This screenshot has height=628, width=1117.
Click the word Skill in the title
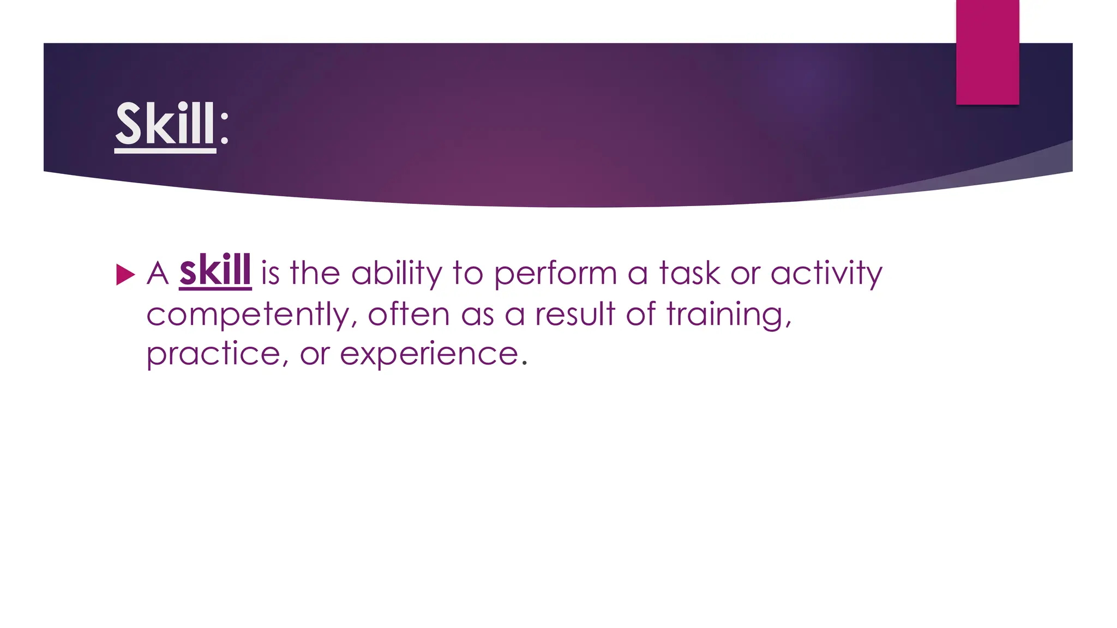coord(165,124)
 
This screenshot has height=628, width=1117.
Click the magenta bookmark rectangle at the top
coord(987,52)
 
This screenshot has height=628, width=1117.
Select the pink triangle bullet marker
coord(125,275)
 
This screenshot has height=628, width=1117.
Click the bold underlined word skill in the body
coord(215,271)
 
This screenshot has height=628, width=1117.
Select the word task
coord(689,273)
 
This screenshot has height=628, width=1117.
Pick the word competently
coord(248,315)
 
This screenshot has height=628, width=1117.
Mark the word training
coord(728,315)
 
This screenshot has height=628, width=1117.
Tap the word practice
coord(214,354)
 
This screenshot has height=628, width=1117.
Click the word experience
coord(429,355)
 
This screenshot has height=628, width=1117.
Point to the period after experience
coord(525,363)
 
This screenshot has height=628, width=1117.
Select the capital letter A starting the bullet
coord(158,273)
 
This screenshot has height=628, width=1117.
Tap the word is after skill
coord(270,273)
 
